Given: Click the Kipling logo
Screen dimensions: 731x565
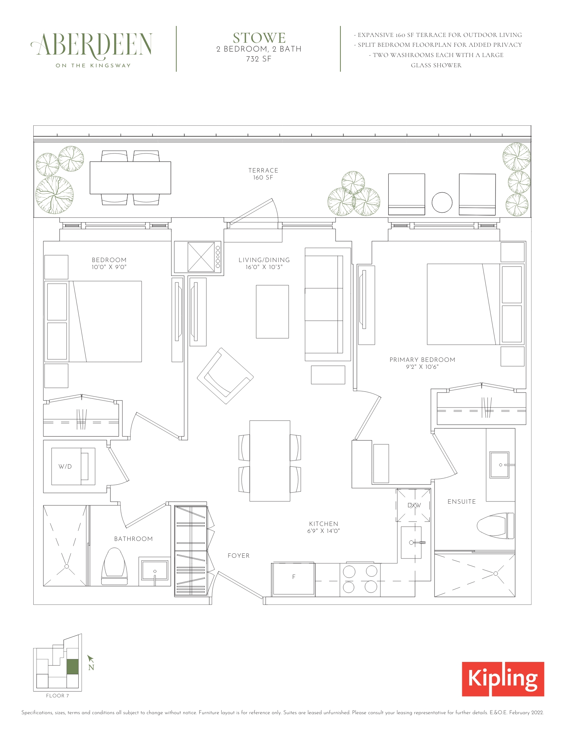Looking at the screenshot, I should coord(502,679).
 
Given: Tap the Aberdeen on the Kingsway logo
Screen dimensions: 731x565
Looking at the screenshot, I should coord(91,49).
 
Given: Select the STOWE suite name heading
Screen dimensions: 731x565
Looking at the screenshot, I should coord(259,38).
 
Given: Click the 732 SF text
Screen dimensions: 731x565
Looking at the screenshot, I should coord(259,59).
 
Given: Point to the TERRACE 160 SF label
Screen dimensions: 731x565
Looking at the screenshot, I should coord(263,174).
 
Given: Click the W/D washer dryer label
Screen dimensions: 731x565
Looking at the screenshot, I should coord(65,466).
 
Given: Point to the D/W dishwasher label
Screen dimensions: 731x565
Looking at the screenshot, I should coord(414,505).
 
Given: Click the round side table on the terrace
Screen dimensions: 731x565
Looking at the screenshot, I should coord(442,202).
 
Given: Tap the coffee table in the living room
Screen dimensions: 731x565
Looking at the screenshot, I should coord(272,311).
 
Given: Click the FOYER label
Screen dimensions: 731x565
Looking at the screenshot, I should coord(238,556).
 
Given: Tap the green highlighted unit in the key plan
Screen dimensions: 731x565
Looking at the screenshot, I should coord(72,666).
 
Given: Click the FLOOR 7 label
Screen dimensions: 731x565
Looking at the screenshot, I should coord(57,696).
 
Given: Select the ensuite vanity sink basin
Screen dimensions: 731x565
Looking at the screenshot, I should coord(499,465).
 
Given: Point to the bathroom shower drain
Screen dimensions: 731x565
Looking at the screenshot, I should coord(67,566).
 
